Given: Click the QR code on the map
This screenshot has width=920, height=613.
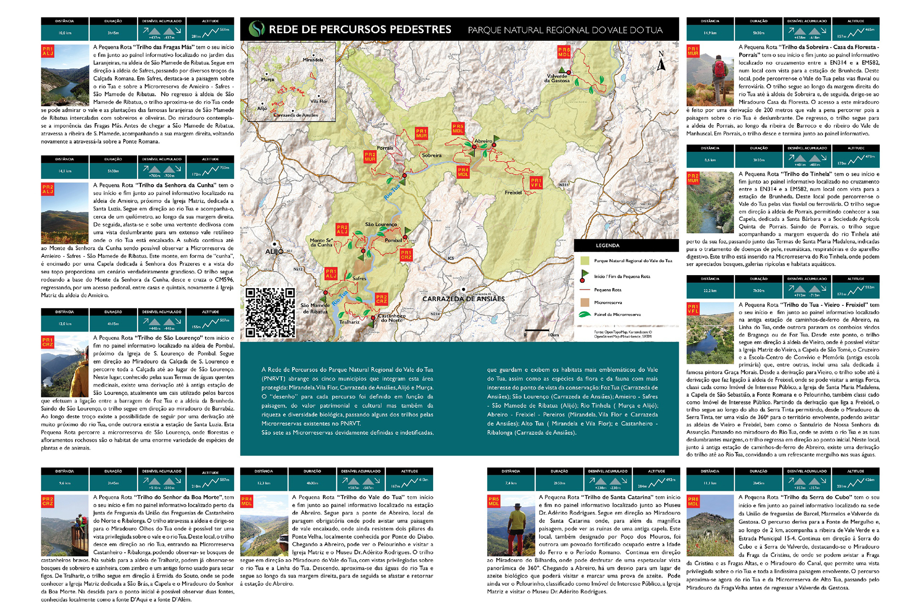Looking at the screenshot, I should pyautogui.click(x=270, y=312).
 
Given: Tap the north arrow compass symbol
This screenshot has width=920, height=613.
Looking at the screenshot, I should pyautogui.click(x=661, y=61).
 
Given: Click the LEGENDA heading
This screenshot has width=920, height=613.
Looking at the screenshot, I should pyautogui.click(x=608, y=245).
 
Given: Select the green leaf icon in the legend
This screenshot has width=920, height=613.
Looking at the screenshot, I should pyautogui.click(x=585, y=314).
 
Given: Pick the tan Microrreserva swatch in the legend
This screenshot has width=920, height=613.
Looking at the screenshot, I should pyautogui.click(x=585, y=302).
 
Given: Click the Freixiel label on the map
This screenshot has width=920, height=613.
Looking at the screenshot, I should pyautogui.click(x=513, y=193).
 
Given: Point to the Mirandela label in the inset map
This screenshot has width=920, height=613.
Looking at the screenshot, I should pyautogui.click(x=313, y=60).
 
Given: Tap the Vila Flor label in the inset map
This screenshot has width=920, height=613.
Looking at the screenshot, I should pyautogui.click(x=319, y=101).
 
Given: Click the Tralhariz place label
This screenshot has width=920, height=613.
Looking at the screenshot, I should pyautogui.click(x=349, y=322).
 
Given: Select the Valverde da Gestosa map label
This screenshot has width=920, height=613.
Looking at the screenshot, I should pyautogui.click(x=557, y=78).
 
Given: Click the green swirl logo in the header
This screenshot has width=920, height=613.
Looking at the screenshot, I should pyautogui.click(x=257, y=29).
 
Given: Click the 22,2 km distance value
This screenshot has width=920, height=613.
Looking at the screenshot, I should pyautogui.click(x=710, y=291).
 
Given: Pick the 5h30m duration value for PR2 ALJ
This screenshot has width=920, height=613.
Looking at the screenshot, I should pyautogui.click(x=113, y=171).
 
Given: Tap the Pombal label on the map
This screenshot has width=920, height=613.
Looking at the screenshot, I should pyautogui.click(x=393, y=240).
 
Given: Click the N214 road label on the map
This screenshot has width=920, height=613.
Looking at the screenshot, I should pyautogui.click(x=435, y=314).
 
